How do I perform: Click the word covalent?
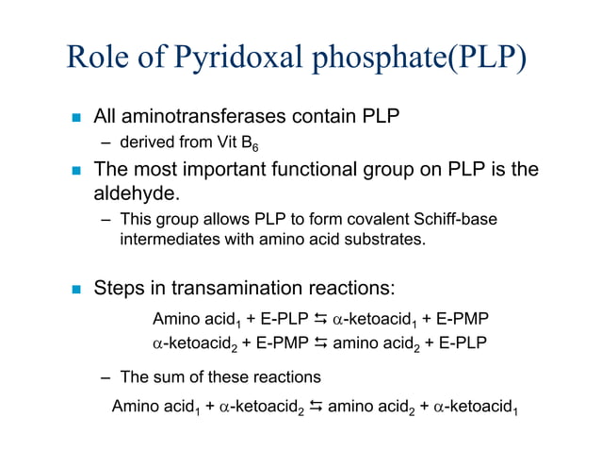[x=366, y=220]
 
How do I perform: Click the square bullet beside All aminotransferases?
[x=77, y=119]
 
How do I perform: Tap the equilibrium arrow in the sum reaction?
[x=314, y=408]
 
